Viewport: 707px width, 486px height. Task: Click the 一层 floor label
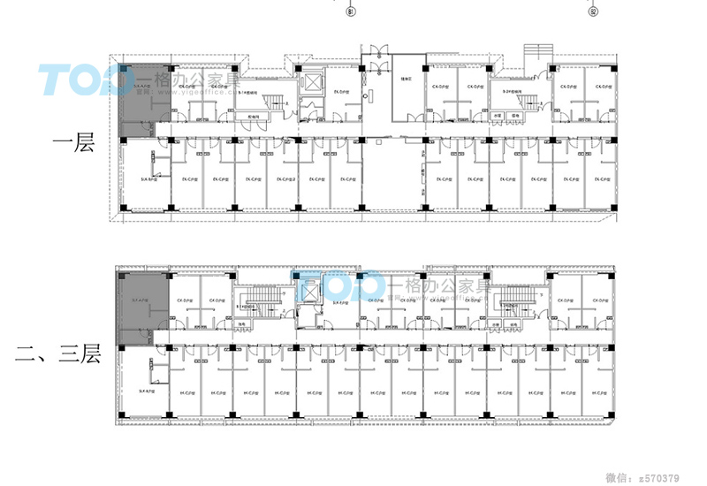[73, 144]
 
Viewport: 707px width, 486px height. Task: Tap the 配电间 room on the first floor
[254, 116]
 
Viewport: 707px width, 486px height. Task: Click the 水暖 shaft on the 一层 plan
[498, 116]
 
